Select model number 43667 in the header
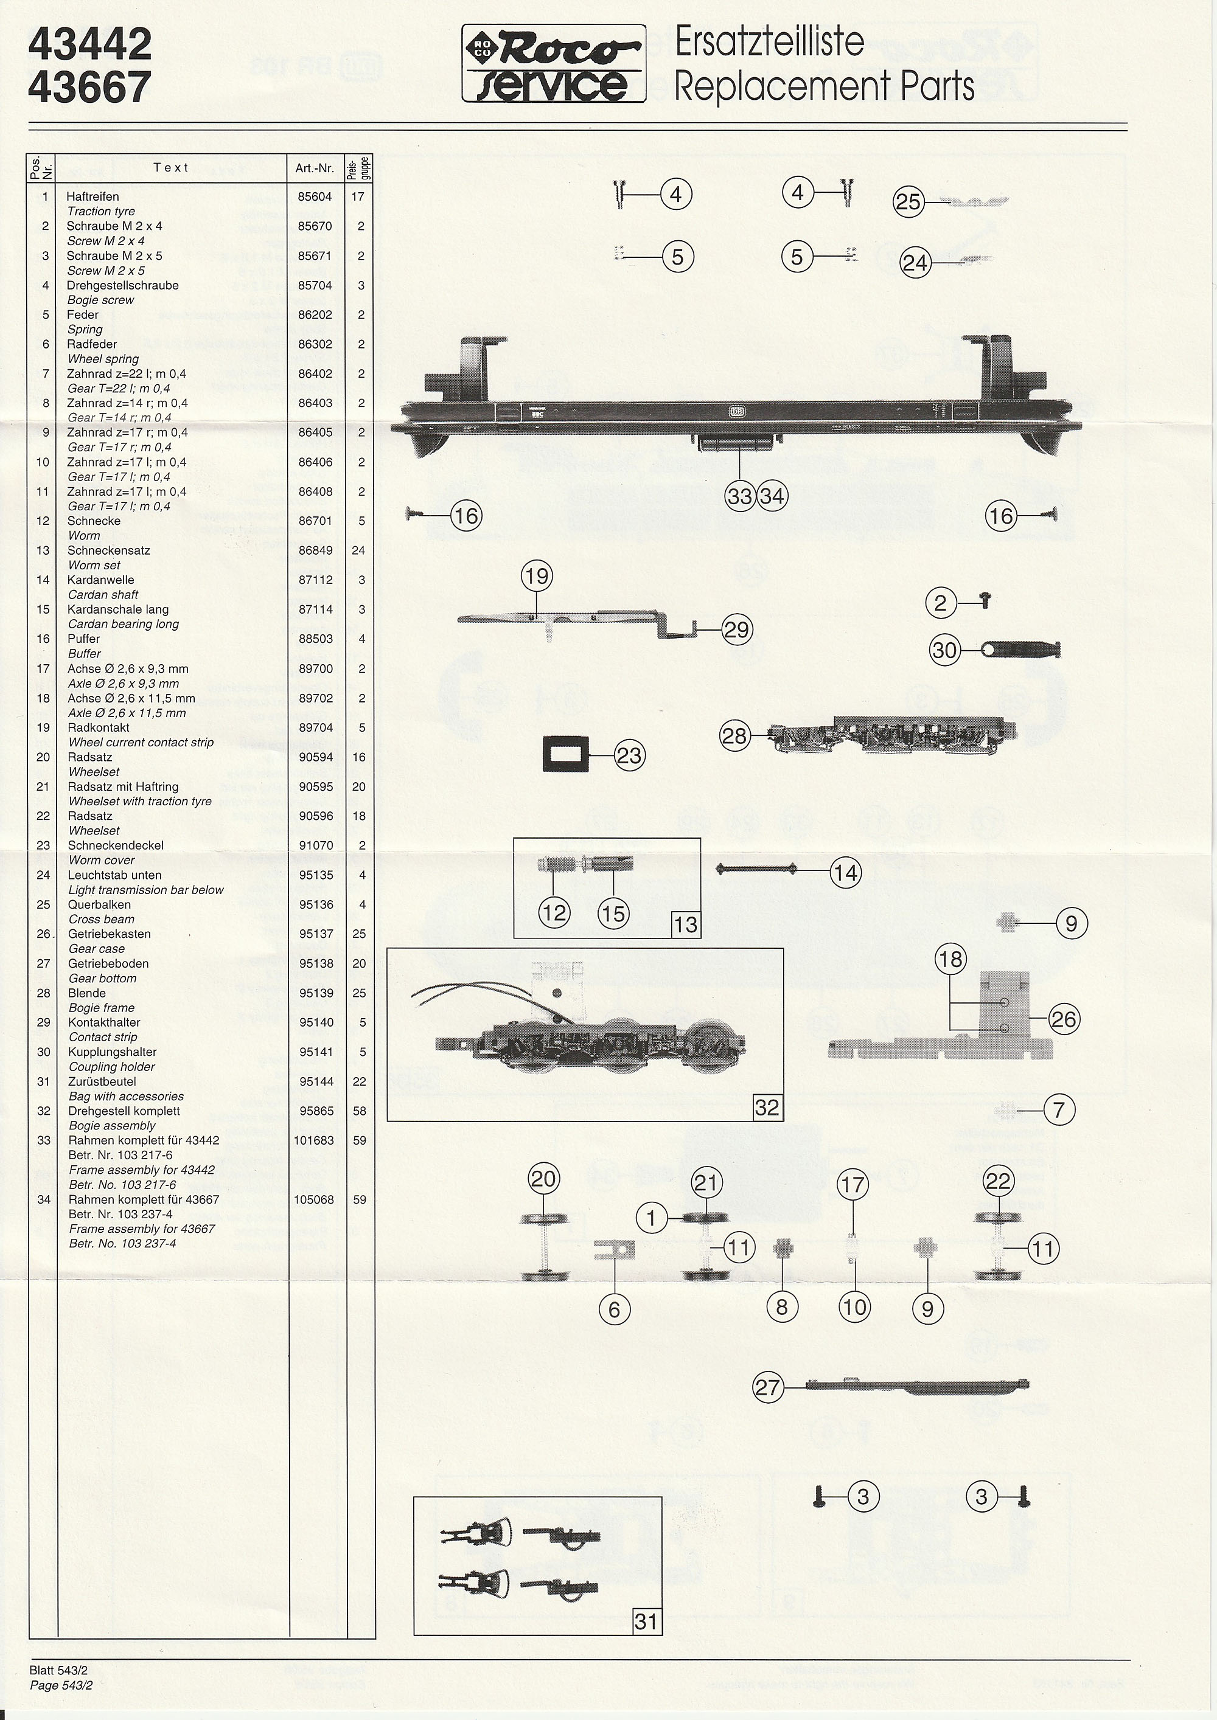coord(90,88)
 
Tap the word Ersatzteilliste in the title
coord(769,42)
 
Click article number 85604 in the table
coord(315,196)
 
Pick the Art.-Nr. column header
coord(315,168)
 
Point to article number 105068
coord(314,1199)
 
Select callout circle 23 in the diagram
coord(629,755)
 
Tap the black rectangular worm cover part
coord(566,754)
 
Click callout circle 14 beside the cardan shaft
coord(846,872)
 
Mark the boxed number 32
coord(767,1106)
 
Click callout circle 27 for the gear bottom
coord(768,1387)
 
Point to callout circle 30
coord(945,650)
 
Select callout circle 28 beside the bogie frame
coord(734,736)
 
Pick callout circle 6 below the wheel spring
coord(615,1309)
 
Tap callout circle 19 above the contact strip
coord(537,576)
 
